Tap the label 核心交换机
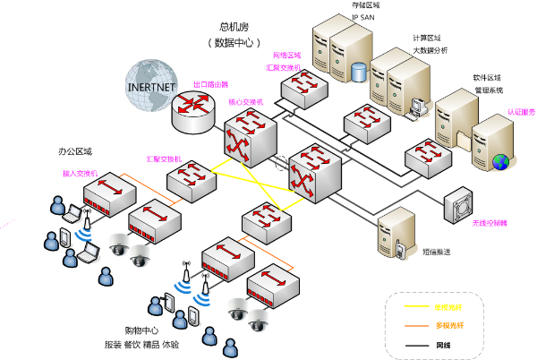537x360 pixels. (x=246, y=102)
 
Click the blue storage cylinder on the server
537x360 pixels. (x=359, y=71)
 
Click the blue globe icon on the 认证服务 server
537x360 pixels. (x=502, y=162)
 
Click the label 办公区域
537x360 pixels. (x=74, y=152)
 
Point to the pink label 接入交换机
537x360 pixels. (x=81, y=174)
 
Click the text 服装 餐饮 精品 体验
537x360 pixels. (x=142, y=345)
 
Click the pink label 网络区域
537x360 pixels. (x=286, y=56)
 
